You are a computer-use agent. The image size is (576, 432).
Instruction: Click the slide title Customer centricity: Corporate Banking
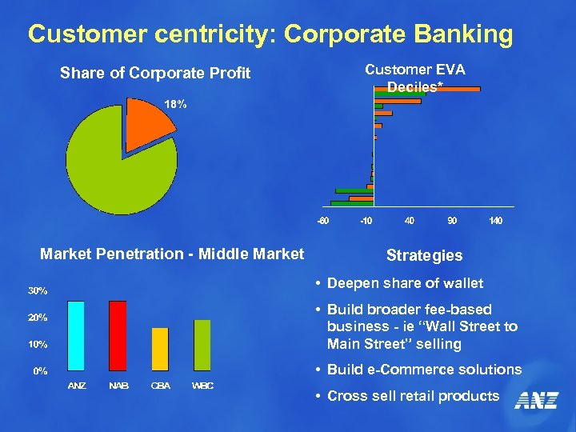tap(270, 34)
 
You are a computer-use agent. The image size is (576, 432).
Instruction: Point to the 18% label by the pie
tap(175, 104)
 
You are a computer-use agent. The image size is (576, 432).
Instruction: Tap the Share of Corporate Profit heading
tap(155, 74)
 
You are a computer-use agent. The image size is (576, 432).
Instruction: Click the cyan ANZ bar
tap(77, 335)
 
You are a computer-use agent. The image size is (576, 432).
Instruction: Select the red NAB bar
tap(118, 335)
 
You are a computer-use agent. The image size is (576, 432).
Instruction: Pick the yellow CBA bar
tap(160, 349)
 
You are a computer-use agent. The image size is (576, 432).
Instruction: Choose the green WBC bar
tap(202, 345)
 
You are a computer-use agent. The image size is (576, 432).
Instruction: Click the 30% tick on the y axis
tap(39, 290)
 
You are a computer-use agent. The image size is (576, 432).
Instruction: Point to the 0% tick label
tap(39, 371)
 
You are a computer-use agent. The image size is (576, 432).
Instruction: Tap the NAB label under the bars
tap(118, 386)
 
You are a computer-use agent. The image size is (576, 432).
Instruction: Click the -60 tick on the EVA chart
tap(322, 220)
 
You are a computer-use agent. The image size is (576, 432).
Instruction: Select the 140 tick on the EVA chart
tap(495, 220)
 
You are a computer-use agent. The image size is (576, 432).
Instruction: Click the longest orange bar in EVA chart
tap(427, 90)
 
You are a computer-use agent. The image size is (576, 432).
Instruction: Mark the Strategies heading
tap(424, 255)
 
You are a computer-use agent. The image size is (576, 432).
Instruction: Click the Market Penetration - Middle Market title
tap(172, 254)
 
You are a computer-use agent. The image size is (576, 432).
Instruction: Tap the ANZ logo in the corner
tap(535, 399)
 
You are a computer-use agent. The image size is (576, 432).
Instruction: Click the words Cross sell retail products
tap(413, 396)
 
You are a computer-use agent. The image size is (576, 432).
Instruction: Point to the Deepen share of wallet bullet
tap(405, 283)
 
